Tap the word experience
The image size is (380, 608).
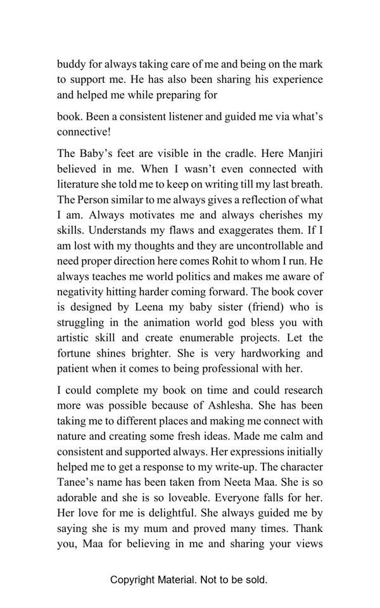click(x=293, y=80)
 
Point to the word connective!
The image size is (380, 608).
click(x=84, y=132)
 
